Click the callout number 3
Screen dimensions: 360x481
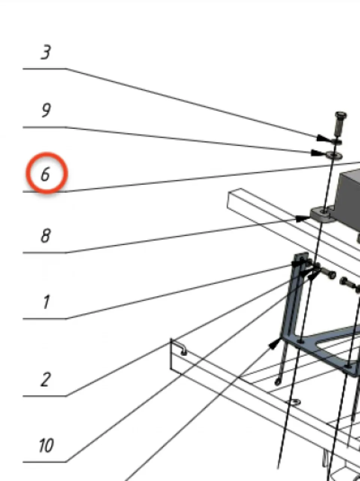click(x=46, y=52)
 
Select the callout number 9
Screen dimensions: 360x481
click(x=46, y=110)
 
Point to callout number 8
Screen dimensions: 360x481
click(x=45, y=236)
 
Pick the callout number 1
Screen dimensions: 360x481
click(x=46, y=302)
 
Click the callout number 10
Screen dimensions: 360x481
click(x=46, y=445)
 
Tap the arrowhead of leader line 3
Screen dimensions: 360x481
click(x=322, y=138)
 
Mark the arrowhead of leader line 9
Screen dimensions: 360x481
click(x=316, y=153)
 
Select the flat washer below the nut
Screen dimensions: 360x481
click(x=334, y=156)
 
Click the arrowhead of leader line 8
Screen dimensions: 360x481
click(x=303, y=218)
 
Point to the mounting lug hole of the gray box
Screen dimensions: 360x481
click(x=324, y=212)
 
